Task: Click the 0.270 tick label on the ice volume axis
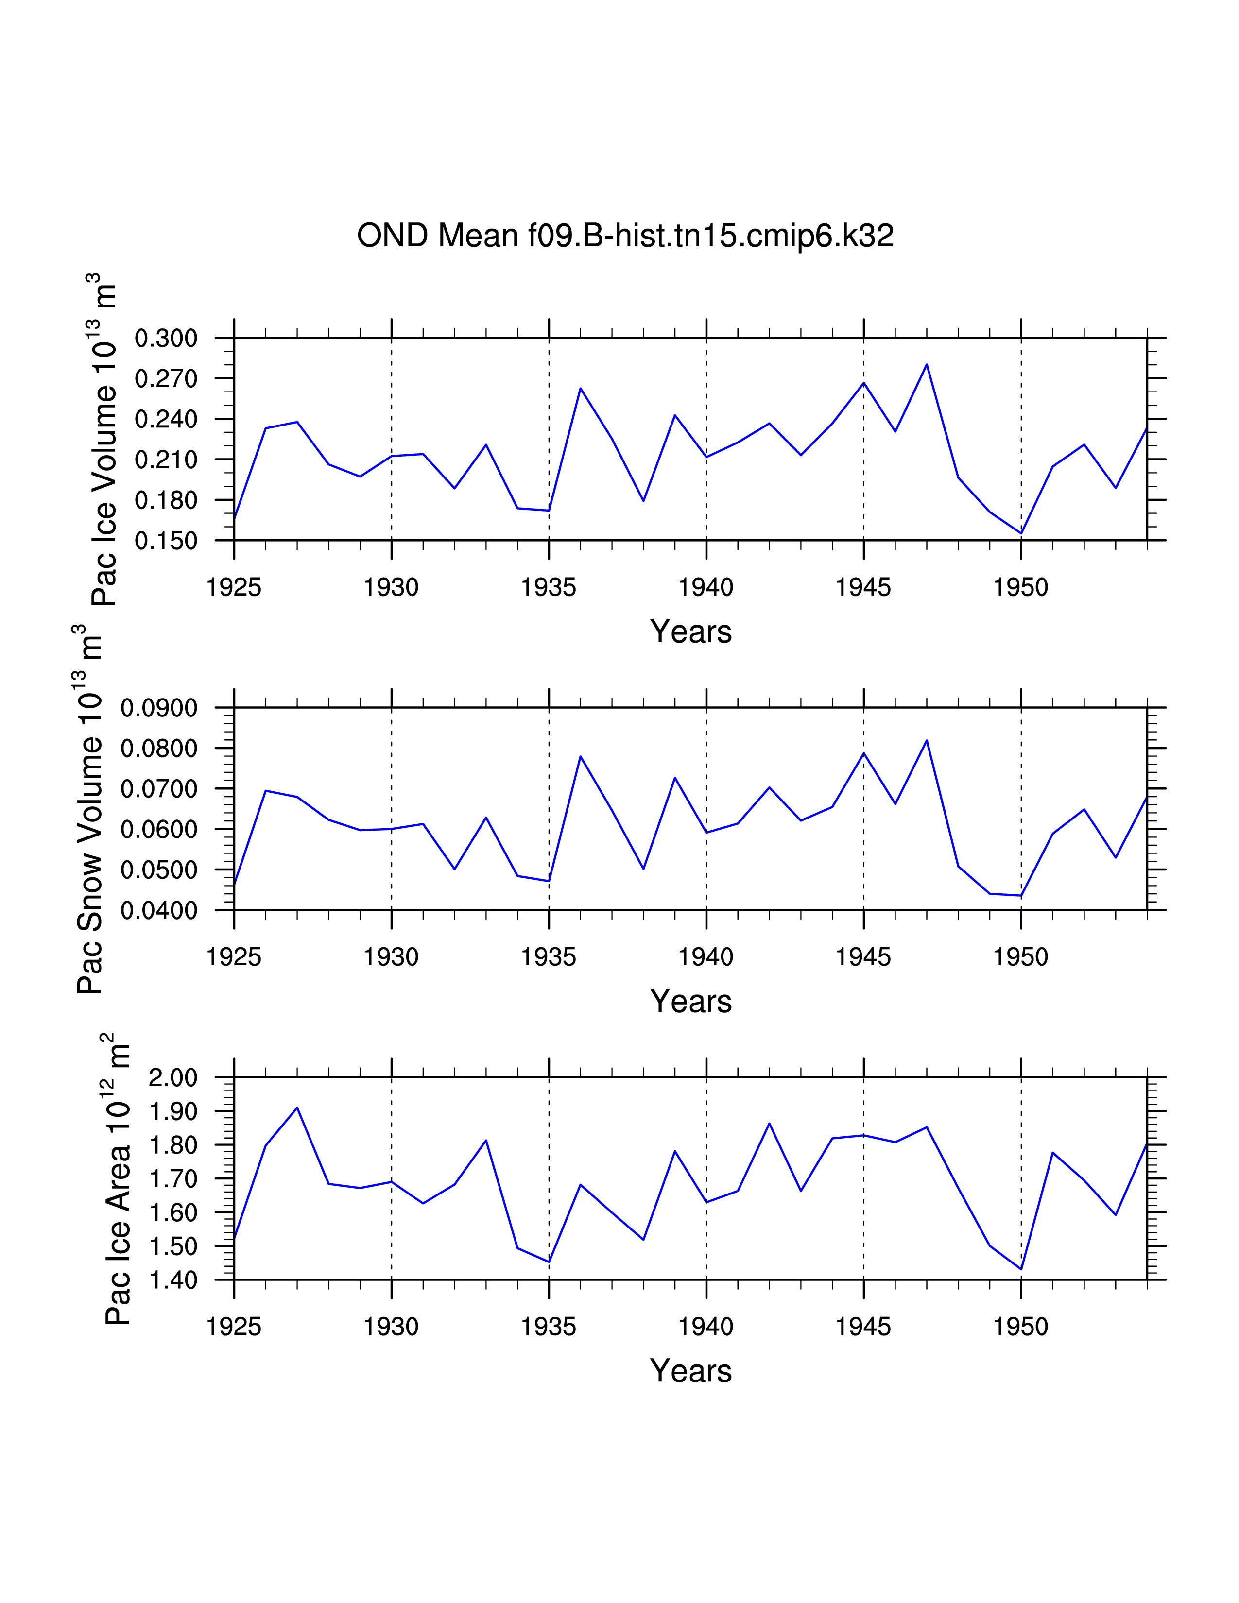coord(167,379)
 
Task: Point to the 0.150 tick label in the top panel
coord(167,541)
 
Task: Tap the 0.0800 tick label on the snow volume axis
coord(159,749)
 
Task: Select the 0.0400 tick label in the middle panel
coord(159,910)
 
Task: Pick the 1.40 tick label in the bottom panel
coord(173,1280)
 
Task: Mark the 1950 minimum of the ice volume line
coord(1021,533)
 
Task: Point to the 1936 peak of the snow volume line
coord(581,756)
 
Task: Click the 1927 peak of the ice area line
coord(297,1108)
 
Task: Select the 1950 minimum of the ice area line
coord(1021,1269)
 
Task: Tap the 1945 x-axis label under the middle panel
coord(863,957)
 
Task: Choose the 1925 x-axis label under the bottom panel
coord(234,1327)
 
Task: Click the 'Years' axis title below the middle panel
coord(691,1001)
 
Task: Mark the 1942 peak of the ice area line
coord(769,1124)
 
